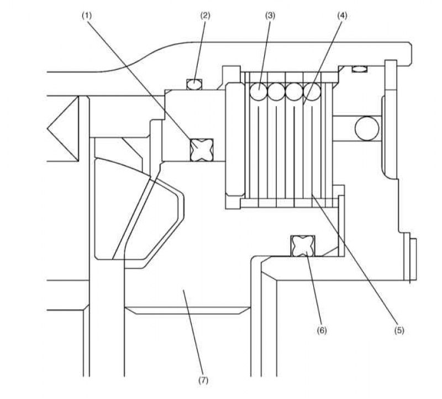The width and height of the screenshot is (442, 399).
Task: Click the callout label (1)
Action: click(87, 16)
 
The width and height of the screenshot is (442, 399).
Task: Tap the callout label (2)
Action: click(205, 16)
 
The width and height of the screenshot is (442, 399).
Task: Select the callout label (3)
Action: click(270, 16)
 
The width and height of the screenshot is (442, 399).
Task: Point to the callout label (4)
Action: click(342, 16)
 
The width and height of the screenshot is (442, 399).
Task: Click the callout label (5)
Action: click(399, 330)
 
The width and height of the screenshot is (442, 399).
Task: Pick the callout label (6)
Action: click(322, 330)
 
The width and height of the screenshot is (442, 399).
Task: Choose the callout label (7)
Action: click(203, 380)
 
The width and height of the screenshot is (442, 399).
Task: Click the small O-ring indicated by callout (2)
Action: click(194, 85)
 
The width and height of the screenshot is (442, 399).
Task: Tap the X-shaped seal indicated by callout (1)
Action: click(202, 150)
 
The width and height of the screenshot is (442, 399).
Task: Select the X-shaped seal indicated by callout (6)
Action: click(303, 246)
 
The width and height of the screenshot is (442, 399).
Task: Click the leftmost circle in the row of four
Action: click(258, 91)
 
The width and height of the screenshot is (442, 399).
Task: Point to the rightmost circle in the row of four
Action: click(312, 91)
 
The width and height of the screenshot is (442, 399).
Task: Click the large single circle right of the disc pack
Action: click(367, 128)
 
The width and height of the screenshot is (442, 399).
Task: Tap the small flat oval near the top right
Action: click(360, 69)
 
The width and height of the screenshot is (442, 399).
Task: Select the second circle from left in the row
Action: click(276, 91)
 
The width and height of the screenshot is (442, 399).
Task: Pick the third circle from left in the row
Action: click(294, 91)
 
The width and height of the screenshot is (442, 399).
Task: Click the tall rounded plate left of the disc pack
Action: click(235, 139)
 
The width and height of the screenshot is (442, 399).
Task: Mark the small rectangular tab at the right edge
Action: click(413, 260)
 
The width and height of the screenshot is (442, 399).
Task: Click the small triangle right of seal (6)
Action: click(331, 252)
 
